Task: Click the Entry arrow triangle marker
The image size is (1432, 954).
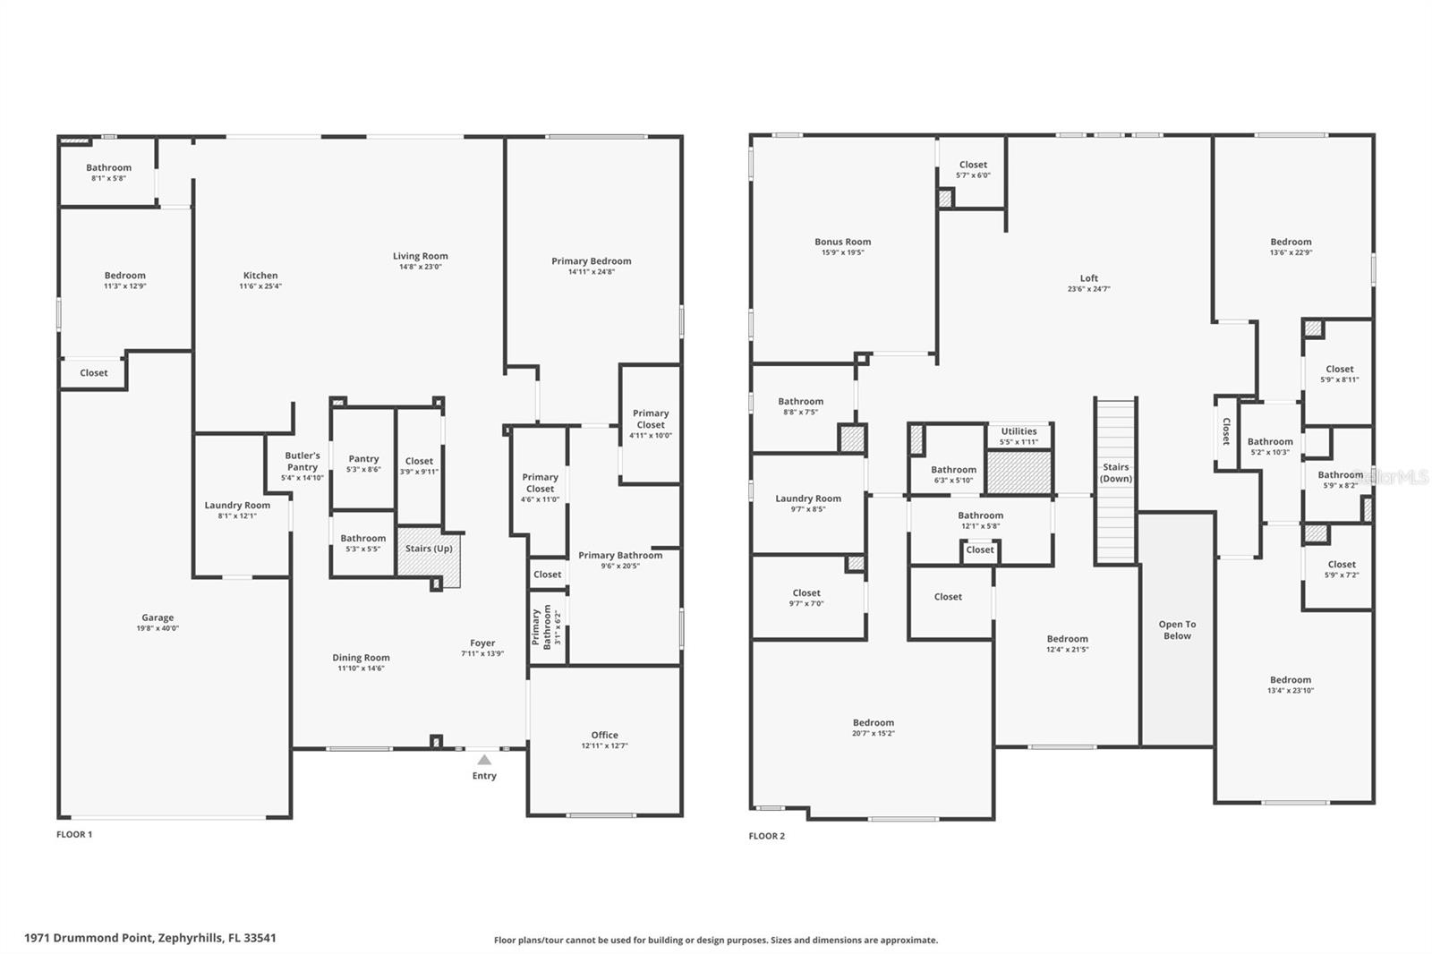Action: [484, 760]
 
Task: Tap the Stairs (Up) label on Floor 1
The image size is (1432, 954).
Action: [429, 549]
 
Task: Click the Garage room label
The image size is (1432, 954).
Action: [158, 618]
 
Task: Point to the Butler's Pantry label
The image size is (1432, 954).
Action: [303, 461]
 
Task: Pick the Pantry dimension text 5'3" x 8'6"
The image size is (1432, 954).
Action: [363, 470]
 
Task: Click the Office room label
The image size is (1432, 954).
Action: [604, 735]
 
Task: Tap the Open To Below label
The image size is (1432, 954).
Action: [1177, 630]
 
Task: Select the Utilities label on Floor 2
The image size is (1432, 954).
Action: [1019, 431]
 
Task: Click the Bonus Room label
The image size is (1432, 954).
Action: [842, 242]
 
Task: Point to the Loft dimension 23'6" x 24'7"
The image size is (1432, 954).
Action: [1088, 289]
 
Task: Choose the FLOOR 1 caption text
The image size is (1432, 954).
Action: [74, 834]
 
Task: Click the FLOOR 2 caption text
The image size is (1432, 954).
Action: [767, 836]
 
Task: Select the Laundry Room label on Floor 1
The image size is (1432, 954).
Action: [237, 505]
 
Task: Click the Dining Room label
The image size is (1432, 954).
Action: [361, 658]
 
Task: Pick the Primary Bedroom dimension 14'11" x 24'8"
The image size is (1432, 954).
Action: [592, 272]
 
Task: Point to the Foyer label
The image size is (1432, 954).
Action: [482, 643]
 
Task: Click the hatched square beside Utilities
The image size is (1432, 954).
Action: [1019, 472]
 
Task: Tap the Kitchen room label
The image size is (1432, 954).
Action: [260, 276]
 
